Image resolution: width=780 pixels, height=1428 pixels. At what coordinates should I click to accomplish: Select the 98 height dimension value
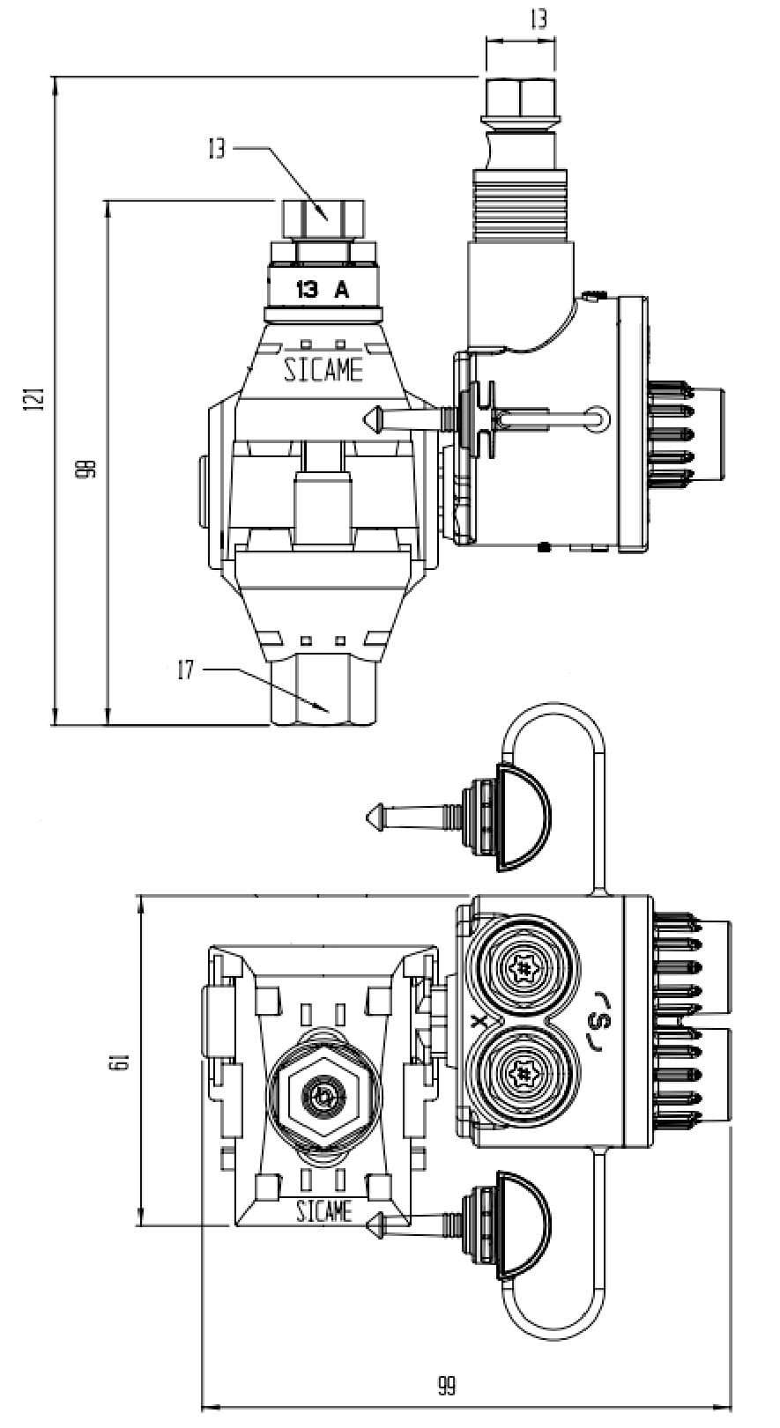click(90, 469)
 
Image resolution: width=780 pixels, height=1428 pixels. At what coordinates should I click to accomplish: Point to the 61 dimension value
click(122, 1062)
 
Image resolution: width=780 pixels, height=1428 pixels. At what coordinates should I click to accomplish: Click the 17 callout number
click(186, 670)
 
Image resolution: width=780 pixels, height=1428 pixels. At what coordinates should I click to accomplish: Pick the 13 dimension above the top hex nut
click(539, 19)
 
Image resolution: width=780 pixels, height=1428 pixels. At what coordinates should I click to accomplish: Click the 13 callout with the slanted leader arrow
click(217, 149)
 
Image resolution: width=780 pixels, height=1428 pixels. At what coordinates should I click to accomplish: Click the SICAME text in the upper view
click(323, 370)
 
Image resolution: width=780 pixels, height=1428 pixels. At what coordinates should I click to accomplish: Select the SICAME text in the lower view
click(324, 1210)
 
